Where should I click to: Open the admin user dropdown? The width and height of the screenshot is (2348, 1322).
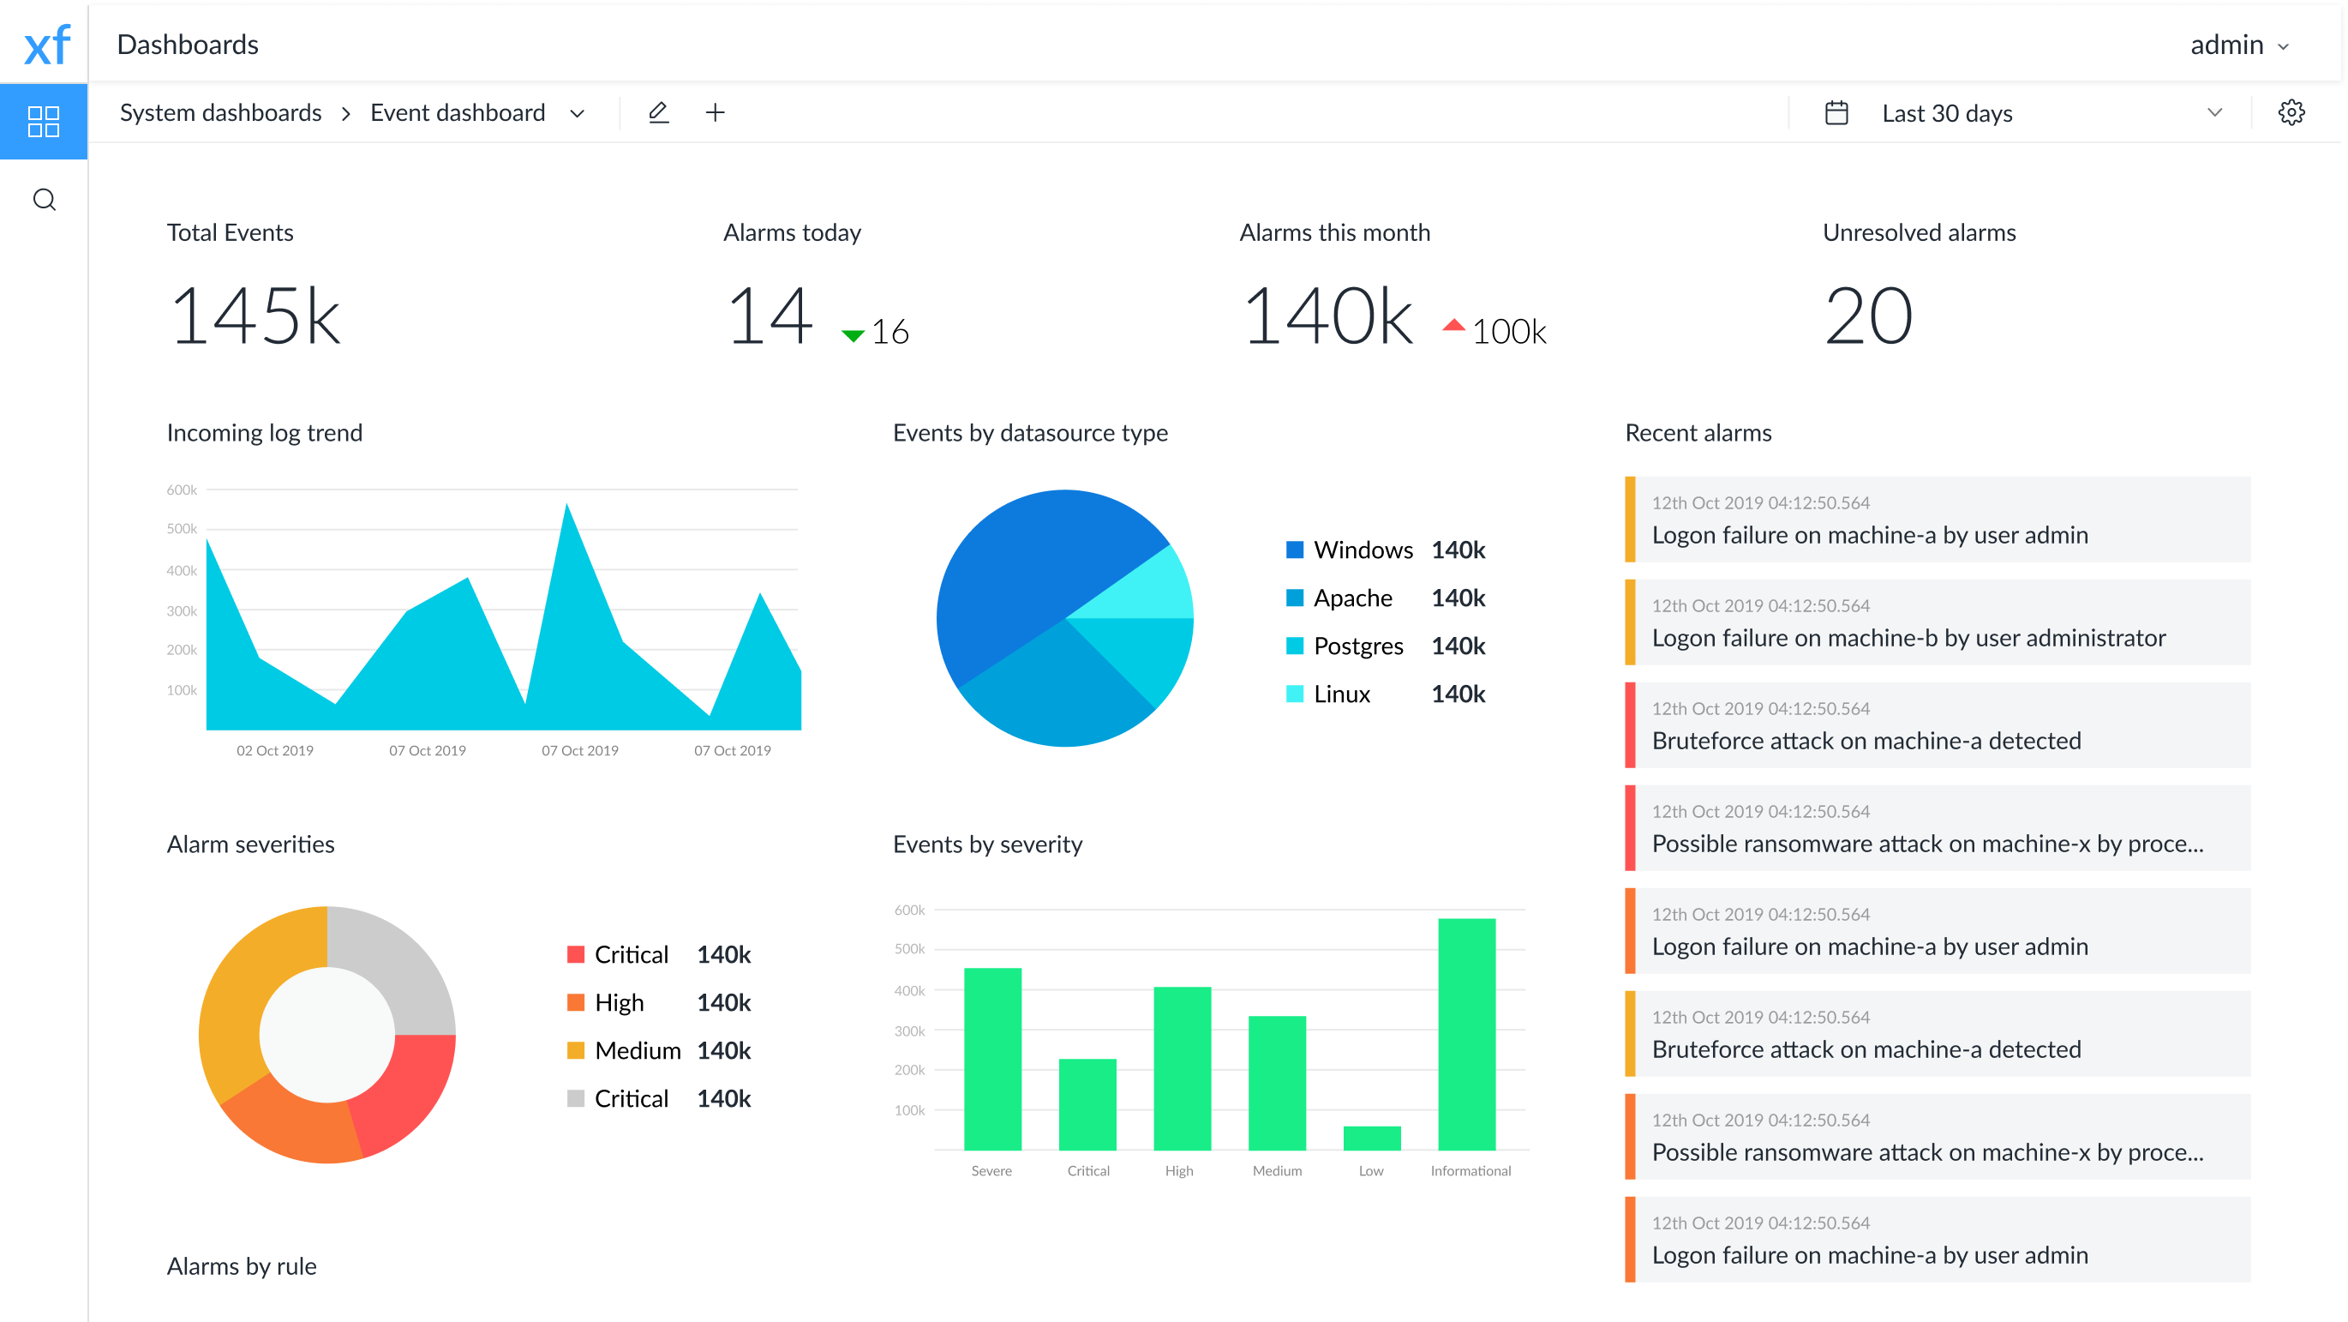pyautogui.click(x=2238, y=45)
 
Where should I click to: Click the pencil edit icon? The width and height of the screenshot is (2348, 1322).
pyautogui.click(x=658, y=112)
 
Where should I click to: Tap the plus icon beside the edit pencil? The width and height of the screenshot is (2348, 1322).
pyautogui.click(x=716, y=112)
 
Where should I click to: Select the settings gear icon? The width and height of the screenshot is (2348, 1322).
pyautogui.click(x=2291, y=112)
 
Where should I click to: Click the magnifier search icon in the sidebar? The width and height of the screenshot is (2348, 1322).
pyautogui.click(x=44, y=199)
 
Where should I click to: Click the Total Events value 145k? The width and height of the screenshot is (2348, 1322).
pyautogui.click(x=255, y=316)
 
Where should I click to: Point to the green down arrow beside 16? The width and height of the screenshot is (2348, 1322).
pyautogui.click(x=854, y=335)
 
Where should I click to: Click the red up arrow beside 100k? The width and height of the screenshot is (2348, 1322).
pyautogui.click(x=1454, y=326)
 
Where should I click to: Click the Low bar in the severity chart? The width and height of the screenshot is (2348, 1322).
pyautogui.click(x=1372, y=1137)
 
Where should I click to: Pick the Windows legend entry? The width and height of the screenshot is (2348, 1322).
pyautogui.click(x=1362, y=550)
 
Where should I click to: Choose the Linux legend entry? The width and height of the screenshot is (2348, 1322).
pyautogui.click(x=1341, y=694)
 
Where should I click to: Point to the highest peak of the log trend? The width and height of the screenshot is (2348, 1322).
pyautogui.click(x=567, y=506)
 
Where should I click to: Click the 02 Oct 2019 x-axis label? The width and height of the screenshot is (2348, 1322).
pyautogui.click(x=274, y=750)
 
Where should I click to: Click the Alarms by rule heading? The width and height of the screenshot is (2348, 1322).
pyautogui.click(x=242, y=1265)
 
